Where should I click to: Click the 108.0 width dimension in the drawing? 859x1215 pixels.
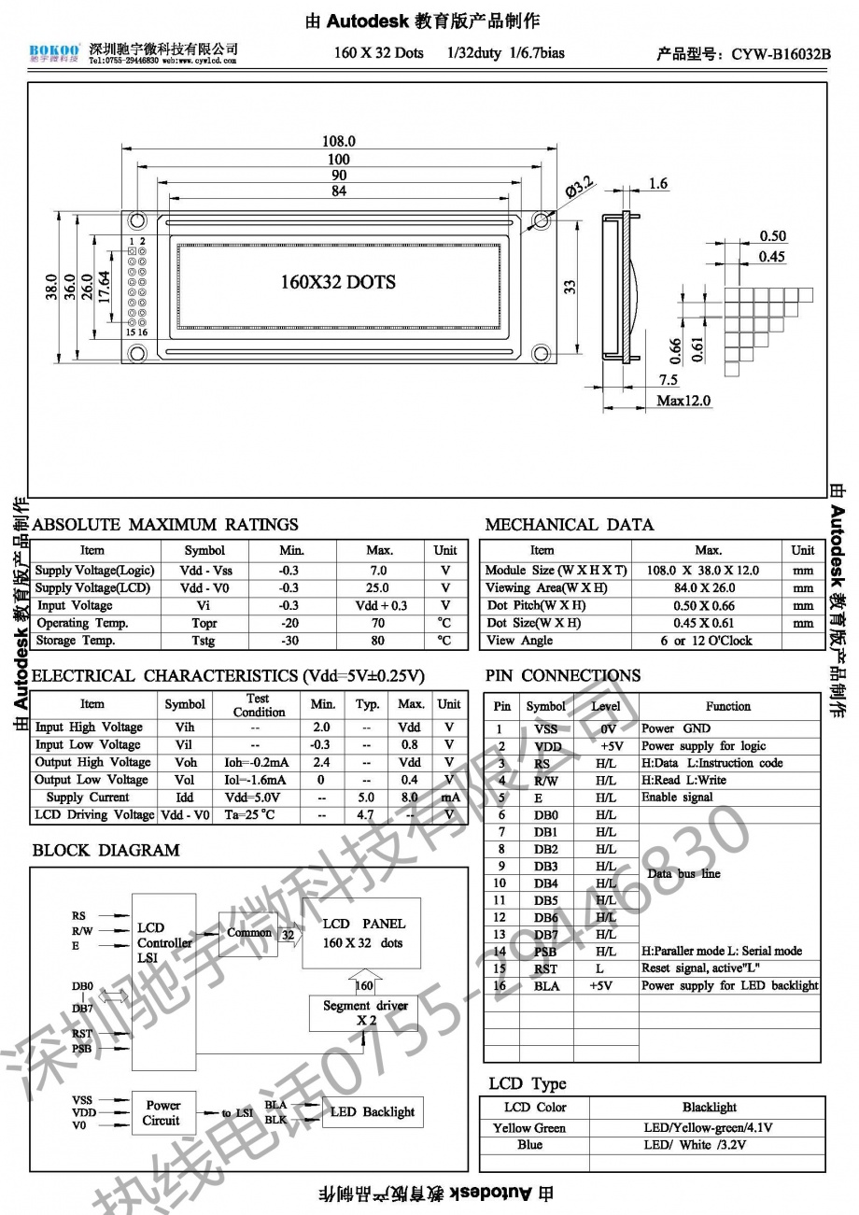click(x=339, y=141)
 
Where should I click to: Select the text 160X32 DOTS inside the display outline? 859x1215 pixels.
click(x=338, y=282)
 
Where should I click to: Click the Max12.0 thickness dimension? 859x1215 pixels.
click(x=683, y=401)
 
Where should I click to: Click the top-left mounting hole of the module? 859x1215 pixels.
click(x=137, y=221)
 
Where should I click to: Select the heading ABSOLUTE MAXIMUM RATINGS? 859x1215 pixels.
click(x=165, y=525)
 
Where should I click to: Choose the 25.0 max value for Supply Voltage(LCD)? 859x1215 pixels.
click(x=379, y=588)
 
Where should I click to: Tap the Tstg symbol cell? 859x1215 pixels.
click(x=204, y=642)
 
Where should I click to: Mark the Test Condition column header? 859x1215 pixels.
click(x=259, y=705)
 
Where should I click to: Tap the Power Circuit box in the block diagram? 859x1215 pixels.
click(x=162, y=1112)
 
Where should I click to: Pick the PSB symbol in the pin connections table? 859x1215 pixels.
click(x=546, y=952)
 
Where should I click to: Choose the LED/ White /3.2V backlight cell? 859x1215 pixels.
click(x=709, y=1145)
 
